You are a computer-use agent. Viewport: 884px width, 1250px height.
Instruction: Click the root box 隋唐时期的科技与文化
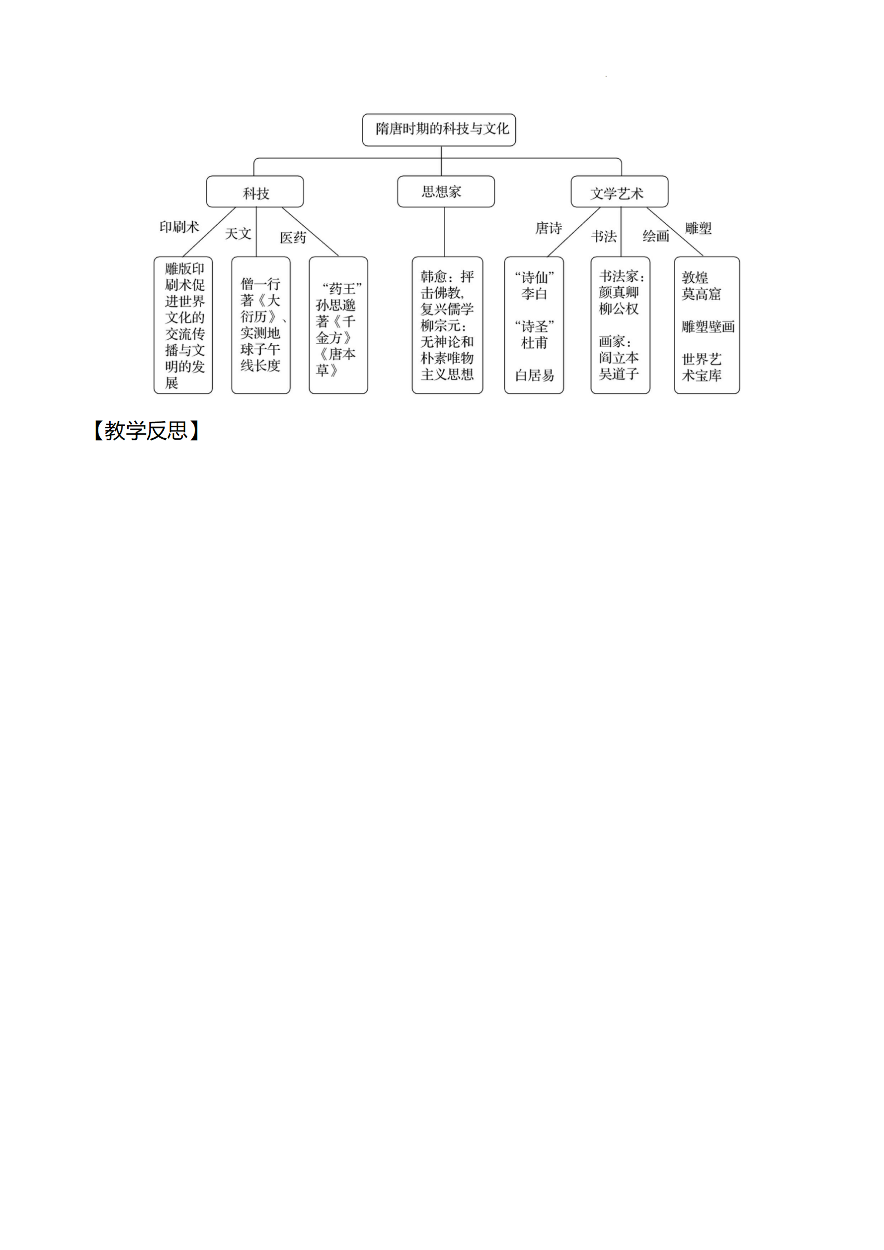coord(439,130)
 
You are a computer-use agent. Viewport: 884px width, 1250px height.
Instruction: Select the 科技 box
coord(255,192)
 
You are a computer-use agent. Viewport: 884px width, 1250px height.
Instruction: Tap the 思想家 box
coord(446,192)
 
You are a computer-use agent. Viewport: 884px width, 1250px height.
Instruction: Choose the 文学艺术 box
coord(619,192)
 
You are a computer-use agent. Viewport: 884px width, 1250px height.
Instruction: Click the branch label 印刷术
coord(179,227)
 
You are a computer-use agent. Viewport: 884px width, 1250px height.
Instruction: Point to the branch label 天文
coord(238,234)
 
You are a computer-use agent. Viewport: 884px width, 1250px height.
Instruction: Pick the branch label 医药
coord(293,238)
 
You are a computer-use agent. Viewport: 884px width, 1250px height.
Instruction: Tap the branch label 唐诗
coord(549,228)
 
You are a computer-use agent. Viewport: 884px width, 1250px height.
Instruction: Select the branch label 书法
coord(604,237)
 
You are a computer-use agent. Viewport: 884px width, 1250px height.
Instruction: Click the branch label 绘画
coord(656,236)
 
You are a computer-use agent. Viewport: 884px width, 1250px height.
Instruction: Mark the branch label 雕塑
coord(699,228)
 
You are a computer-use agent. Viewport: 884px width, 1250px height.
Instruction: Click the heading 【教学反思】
coord(146,431)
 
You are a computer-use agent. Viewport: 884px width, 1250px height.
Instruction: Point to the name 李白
coord(534,293)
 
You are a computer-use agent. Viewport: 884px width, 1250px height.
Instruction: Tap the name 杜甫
coord(534,342)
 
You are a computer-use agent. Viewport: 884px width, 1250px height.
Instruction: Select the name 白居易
coord(535,376)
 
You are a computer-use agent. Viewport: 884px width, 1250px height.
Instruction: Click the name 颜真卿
coord(619,292)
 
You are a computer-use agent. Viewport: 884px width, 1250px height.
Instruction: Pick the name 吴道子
coord(619,374)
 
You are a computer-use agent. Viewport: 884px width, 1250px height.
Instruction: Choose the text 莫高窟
coord(701,293)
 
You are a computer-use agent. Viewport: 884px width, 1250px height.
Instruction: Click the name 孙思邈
coord(336,305)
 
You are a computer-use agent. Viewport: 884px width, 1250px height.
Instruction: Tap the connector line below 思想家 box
coord(445,232)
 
